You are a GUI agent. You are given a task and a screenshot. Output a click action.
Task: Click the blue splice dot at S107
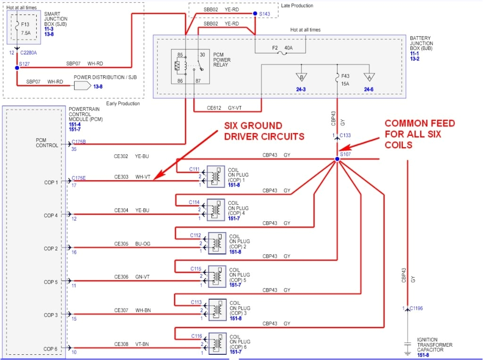coord(337,159)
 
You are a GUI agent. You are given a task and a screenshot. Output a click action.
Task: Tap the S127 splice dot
coord(17,68)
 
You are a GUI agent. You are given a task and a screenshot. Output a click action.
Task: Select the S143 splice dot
coord(255,14)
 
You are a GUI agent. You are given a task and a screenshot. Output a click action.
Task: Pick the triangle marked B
coord(300,76)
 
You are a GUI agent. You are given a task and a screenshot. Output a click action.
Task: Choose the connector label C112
coord(196,235)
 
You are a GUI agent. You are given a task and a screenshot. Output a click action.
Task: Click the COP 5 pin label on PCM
coord(51,282)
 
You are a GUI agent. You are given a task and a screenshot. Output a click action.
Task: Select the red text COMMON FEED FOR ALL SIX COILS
coord(419,133)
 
